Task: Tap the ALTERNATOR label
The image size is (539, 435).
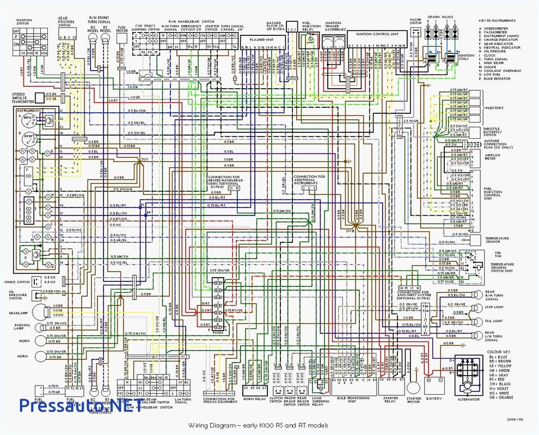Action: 469,399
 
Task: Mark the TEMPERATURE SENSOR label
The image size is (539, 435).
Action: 497,240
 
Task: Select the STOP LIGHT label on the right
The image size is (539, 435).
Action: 493,307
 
